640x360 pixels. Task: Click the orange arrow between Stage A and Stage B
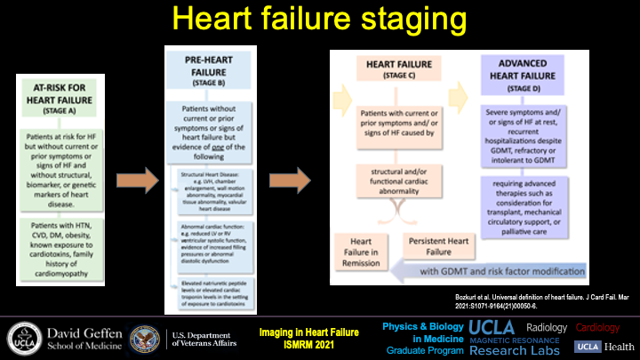(136, 181)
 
